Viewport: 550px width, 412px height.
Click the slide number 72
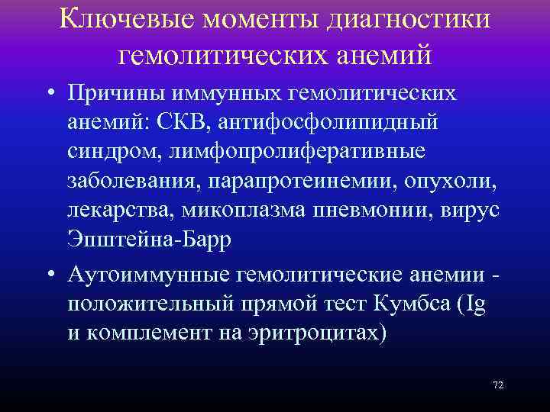(x=497, y=385)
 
